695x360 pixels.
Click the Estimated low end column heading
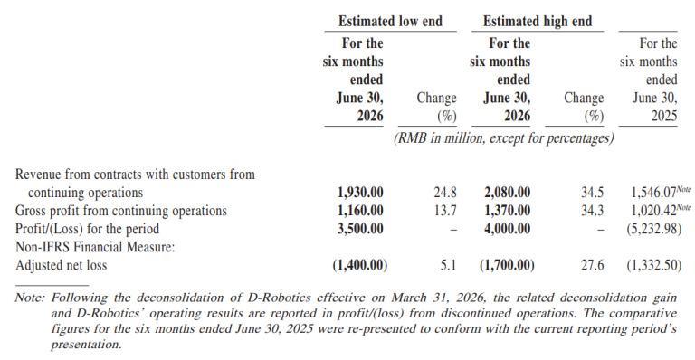(390, 21)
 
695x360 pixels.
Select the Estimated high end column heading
(538, 21)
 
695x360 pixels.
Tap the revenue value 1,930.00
(360, 192)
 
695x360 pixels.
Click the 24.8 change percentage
(445, 192)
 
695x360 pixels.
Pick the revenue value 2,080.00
(507, 192)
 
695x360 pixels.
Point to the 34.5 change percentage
(592, 192)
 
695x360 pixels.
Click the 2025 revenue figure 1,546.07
(653, 192)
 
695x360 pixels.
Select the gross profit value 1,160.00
(360, 211)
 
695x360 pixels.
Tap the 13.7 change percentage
(445, 211)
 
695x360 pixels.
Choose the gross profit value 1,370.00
(507, 211)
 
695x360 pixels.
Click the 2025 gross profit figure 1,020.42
(653, 211)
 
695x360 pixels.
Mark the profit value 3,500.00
(360, 229)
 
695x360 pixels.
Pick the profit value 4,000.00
(507, 229)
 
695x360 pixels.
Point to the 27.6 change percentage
(592, 265)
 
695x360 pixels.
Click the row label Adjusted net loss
(62, 265)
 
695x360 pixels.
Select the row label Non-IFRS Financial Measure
(95, 247)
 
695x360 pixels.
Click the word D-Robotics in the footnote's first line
(279, 297)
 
